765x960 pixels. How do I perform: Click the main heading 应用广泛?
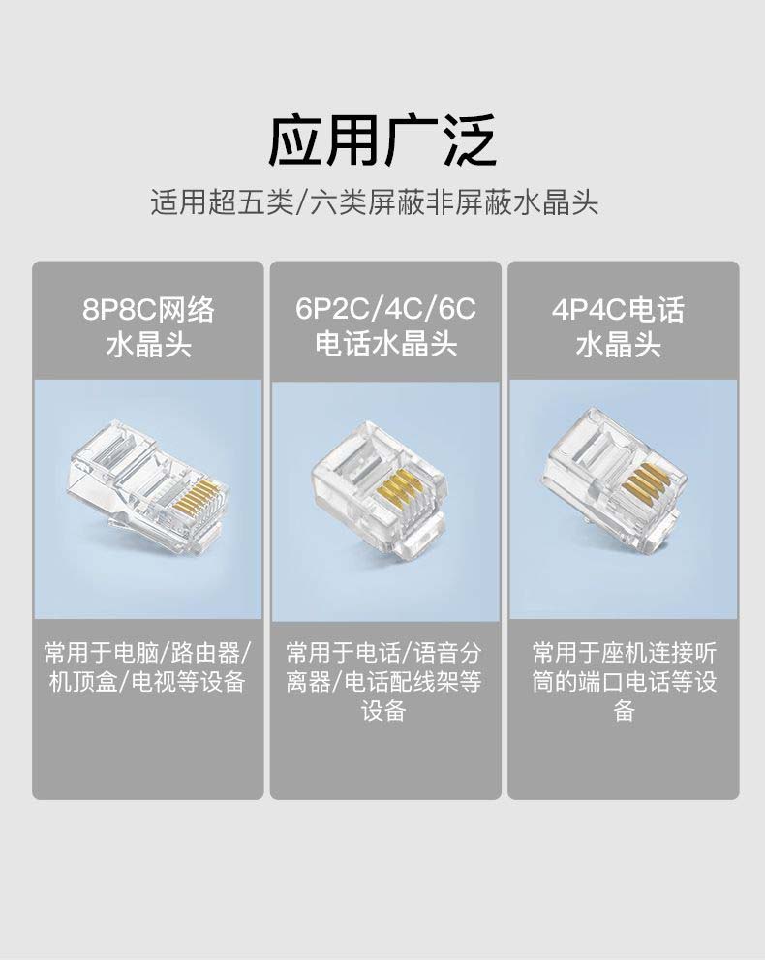point(382,140)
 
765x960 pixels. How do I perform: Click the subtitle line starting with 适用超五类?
point(375,202)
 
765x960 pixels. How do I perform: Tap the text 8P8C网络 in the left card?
point(148,309)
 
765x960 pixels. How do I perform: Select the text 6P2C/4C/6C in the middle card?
point(385,309)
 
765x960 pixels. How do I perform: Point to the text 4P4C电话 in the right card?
point(618,309)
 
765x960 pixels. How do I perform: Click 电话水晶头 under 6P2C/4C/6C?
point(385,344)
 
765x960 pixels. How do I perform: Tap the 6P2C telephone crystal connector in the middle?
point(380,490)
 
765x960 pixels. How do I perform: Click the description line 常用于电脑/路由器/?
point(148,653)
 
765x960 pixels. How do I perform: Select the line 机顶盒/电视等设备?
point(147,682)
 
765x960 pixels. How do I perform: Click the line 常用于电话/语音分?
point(383,653)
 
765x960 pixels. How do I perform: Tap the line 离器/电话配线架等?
point(383,682)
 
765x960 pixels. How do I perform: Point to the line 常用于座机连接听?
point(624,653)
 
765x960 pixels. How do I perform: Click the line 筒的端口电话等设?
point(624,682)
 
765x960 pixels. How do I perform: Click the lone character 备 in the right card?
point(624,711)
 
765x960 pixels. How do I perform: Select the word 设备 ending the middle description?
point(383,711)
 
